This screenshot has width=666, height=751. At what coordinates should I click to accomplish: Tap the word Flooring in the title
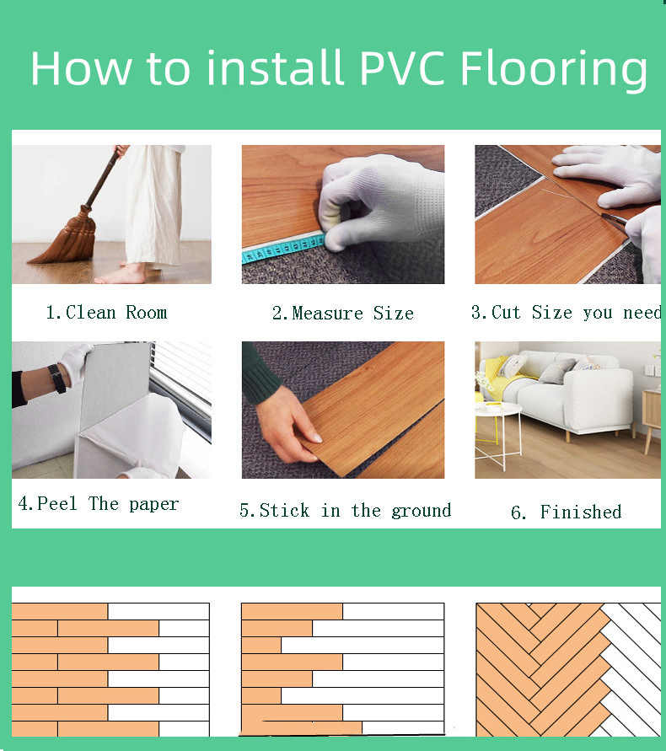(554, 69)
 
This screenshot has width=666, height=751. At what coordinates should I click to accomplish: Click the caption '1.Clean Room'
(106, 313)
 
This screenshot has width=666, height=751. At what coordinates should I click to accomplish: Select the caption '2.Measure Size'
(342, 314)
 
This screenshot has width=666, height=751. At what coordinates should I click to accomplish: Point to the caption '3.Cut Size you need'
(565, 313)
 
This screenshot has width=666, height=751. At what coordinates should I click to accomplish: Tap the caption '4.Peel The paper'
(99, 504)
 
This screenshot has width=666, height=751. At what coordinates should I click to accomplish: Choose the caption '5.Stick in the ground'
(345, 511)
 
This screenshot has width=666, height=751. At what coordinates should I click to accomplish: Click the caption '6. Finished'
(567, 512)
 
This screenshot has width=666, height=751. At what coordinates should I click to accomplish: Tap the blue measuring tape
(278, 249)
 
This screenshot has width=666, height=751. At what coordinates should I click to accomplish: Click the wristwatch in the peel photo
(57, 378)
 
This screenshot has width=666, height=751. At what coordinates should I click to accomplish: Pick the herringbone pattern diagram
(567, 669)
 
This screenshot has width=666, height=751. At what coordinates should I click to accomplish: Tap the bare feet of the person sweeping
(126, 274)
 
